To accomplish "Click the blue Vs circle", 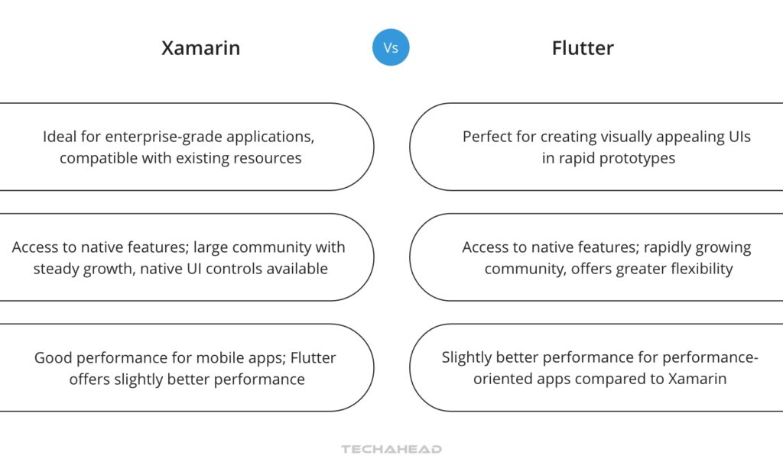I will (x=391, y=47).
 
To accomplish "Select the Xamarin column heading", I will (x=200, y=48).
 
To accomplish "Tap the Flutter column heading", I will (x=583, y=48).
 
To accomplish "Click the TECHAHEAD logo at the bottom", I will (x=391, y=450).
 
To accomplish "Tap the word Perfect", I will (x=486, y=137).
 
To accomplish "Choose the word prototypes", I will (x=636, y=159).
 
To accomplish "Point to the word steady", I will (x=57, y=269).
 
